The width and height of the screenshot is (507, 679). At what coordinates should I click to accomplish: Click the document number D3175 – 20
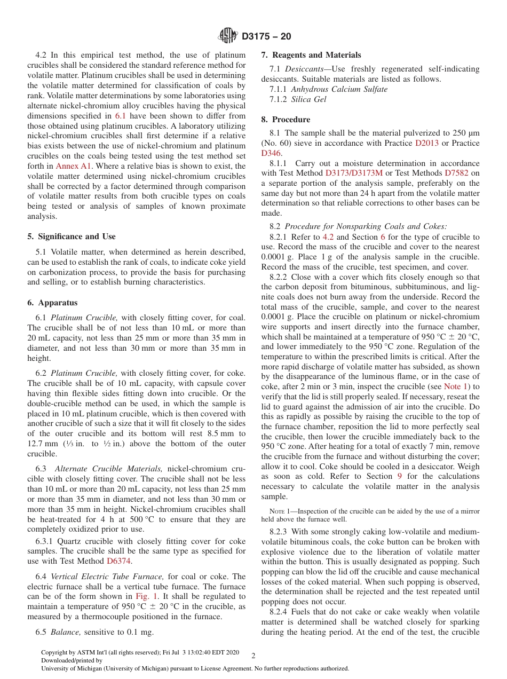tap(266, 37)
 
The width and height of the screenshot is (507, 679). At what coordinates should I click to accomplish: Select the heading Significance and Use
tap(71, 236)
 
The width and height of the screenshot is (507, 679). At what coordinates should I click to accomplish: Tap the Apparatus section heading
tap(52, 303)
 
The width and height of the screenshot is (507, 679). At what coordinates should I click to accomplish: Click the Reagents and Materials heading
tap(311, 55)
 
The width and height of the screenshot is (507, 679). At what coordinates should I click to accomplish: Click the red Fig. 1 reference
tap(146, 596)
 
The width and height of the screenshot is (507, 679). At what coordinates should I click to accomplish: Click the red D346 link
tap(271, 153)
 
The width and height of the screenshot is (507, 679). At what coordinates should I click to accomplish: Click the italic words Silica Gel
tap(308, 99)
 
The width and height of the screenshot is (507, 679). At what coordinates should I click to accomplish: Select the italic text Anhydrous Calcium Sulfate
tap(339, 89)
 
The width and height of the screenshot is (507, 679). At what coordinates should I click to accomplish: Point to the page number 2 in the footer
tap(253, 656)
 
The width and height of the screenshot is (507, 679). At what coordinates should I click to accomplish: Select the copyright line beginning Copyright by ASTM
tap(140, 653)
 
